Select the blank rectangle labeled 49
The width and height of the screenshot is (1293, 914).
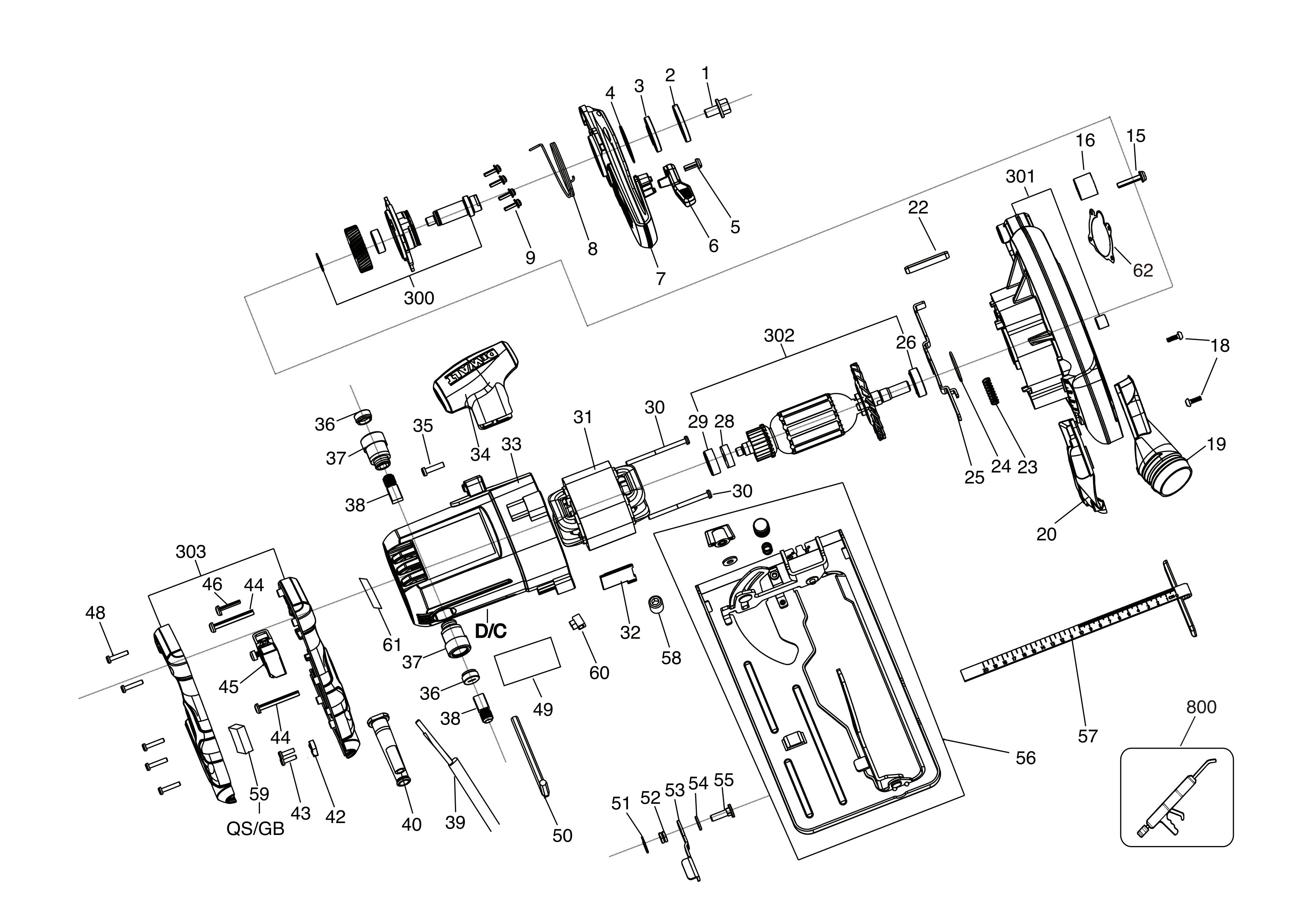pyautogui.click(x=527, y=661)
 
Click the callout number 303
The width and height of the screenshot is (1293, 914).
pyautogui.click(x=190, y=551)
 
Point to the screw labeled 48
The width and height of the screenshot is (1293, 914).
pyautogui.click(x=117, y=655)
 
